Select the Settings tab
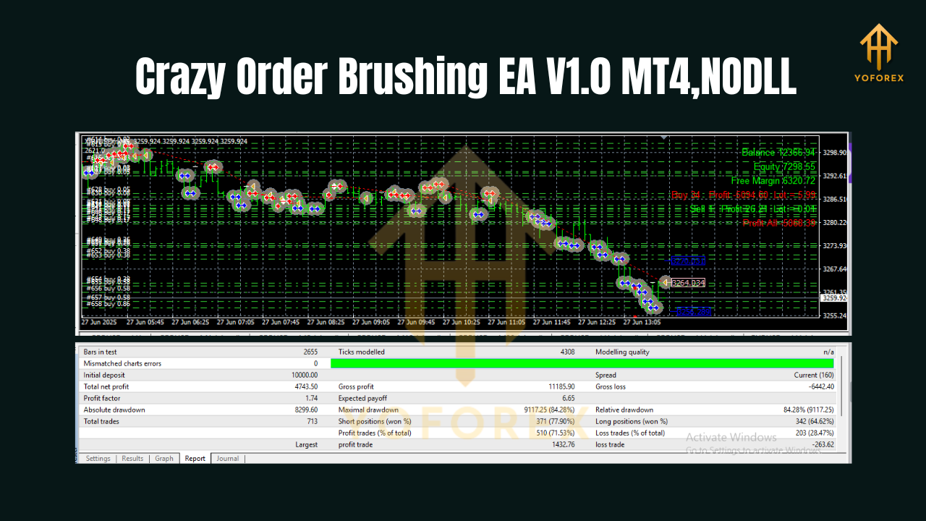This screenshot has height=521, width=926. point(98,458)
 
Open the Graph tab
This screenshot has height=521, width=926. point(164,458)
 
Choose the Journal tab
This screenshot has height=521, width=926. point(227,458)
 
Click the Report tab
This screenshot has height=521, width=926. point(195,458)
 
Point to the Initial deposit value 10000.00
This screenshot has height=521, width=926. point(303,375)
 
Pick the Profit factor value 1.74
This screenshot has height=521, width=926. point(310,398)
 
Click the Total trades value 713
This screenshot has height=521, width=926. point(311,421)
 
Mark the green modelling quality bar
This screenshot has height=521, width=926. point(582,363)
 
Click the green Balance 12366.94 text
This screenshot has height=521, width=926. point(778,152)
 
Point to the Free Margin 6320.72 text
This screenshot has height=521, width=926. point(773,181)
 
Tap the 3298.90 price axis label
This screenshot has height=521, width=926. point(834,153)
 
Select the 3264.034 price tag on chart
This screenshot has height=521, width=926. point(688,283)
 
